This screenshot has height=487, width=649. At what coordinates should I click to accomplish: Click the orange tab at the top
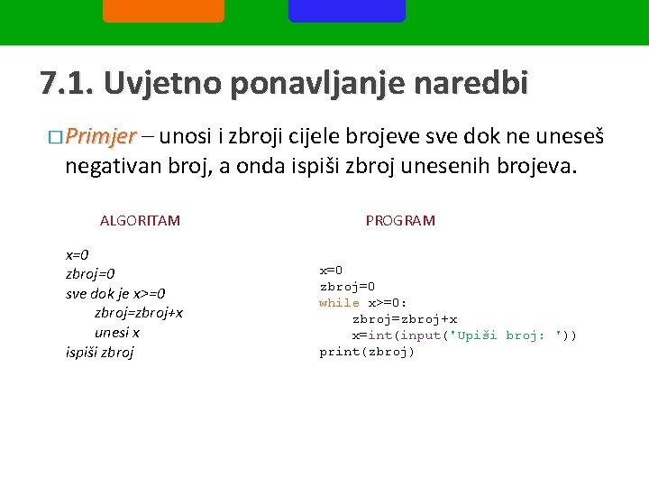point(163,10)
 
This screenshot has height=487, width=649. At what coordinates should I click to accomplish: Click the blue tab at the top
point(346,10)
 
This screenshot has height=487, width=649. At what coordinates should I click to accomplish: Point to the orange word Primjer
point(99,137)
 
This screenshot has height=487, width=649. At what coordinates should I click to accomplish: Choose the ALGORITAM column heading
point(140,220)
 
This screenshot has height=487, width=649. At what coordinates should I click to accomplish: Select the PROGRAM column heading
point(400,220)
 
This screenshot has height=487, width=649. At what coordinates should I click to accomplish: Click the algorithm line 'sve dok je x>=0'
point(115,293)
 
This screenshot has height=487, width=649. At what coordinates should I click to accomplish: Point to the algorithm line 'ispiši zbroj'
point(100,352)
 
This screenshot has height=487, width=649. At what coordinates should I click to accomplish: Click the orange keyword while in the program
point(339,303)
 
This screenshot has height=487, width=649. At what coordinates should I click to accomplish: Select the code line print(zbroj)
point(367,352)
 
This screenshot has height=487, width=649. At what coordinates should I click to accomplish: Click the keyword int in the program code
point(379,335)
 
